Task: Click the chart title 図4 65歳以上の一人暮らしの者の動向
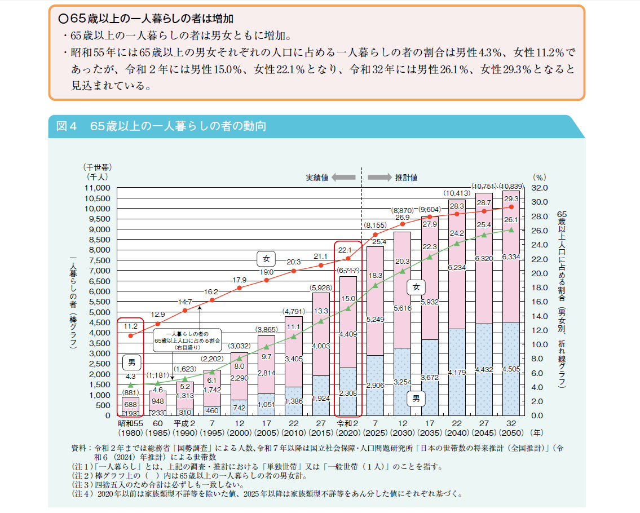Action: point(161,127)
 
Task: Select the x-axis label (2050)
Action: point(511,434)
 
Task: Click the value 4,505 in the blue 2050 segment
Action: point(511,370)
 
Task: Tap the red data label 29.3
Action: point(511,199)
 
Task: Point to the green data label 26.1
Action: point(511,220)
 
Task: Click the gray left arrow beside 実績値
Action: point(343,177)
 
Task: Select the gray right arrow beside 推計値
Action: point(379,177)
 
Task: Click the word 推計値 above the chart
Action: point(406,177)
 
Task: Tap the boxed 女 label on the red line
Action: point(266,259)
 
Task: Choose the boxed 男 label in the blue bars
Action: point(416,399)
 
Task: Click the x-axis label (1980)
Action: point(130,434)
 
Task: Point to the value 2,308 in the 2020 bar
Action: point(348,394)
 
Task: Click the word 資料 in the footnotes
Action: point(79,448)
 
